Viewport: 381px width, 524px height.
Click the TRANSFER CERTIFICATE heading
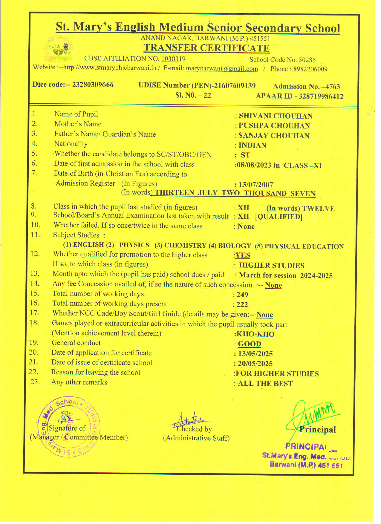pyautogui.click(x=206, y=48)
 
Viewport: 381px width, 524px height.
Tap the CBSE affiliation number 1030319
pyautogui.click(x=173, y=59)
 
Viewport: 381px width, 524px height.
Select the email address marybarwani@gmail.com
pyautogui.click(x=222, y=68)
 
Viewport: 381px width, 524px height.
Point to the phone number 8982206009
pyautogui.click(x=310, y=69)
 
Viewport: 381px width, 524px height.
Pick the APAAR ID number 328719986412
pyautogui.click(x=321, y=96)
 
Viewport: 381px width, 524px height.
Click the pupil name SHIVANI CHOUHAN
pyautogui.click(x=276, y=116)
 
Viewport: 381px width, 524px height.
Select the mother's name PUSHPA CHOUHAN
pyautogui.click(x=274, y=126)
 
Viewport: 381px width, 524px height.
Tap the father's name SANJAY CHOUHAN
pyautogui.click(x=274, y=136)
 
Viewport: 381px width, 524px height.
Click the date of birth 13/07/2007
pyautogui.click(x=255, y=185)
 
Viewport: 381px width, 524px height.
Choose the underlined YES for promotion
pyautogui.click(x=243, y=255)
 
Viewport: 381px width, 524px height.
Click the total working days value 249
pyautogui.click(x=242, y=295)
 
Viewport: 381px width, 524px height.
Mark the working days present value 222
pyautogui.click(x=242, y=305)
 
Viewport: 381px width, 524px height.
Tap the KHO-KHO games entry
pyautogui.click(x=255, y=334)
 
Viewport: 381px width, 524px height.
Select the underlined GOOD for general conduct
pyautogui.click(x=249, y=344)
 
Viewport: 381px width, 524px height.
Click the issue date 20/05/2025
pyautogui.click(x=255, y=364)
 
